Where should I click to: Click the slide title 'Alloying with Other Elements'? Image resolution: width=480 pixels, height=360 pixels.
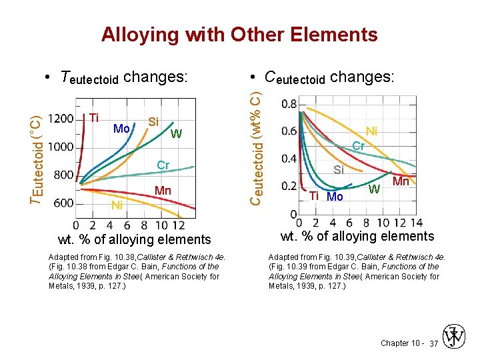[x=239, y=35]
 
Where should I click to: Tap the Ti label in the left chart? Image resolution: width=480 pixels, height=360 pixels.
[x=94, y=118]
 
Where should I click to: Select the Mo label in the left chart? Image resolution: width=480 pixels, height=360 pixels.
[x=121, y=128]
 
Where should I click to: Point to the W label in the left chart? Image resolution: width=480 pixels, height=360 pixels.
[x=176, y=135]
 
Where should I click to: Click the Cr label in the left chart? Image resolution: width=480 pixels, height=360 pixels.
[x=163, y=165]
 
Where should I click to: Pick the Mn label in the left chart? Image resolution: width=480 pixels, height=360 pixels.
[x=163, y=191]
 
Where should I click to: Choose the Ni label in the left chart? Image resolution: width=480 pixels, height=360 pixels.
[x=117, y=205]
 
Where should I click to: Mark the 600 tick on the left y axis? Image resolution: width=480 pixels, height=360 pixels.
[x=63, y=203]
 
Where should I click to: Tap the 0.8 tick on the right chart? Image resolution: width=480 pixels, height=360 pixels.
[x=289, y=104]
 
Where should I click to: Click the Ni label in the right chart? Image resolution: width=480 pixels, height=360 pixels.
[x=371, y=131]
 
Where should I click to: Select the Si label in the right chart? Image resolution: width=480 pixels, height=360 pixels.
[x=339, y=170]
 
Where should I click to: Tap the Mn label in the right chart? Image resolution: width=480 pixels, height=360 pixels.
[x=401, y=181]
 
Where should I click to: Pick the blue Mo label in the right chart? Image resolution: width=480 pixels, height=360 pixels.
[x=335, y=197]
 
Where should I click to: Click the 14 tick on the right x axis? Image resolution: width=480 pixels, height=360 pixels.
[x=417, y=223]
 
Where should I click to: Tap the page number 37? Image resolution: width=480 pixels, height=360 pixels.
[x=433, y=343]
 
